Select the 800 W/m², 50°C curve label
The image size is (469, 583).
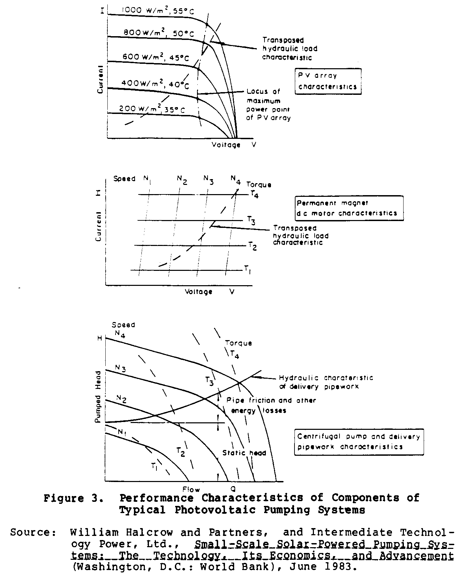coord(158,33)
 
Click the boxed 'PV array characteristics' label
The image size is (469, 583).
coord(328,81)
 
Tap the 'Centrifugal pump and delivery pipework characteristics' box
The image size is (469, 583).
coord(359,441)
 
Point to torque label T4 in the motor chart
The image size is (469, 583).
coord(254,194)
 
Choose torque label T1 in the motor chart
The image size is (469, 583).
coord(247,269)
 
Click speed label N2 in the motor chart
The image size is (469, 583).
coord(182,180)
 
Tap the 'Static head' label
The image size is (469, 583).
coord(244,453)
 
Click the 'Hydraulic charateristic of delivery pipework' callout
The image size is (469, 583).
coord(326,382)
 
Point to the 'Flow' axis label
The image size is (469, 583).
coord(191,489)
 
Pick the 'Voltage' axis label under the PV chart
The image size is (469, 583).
coord(226,145)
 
